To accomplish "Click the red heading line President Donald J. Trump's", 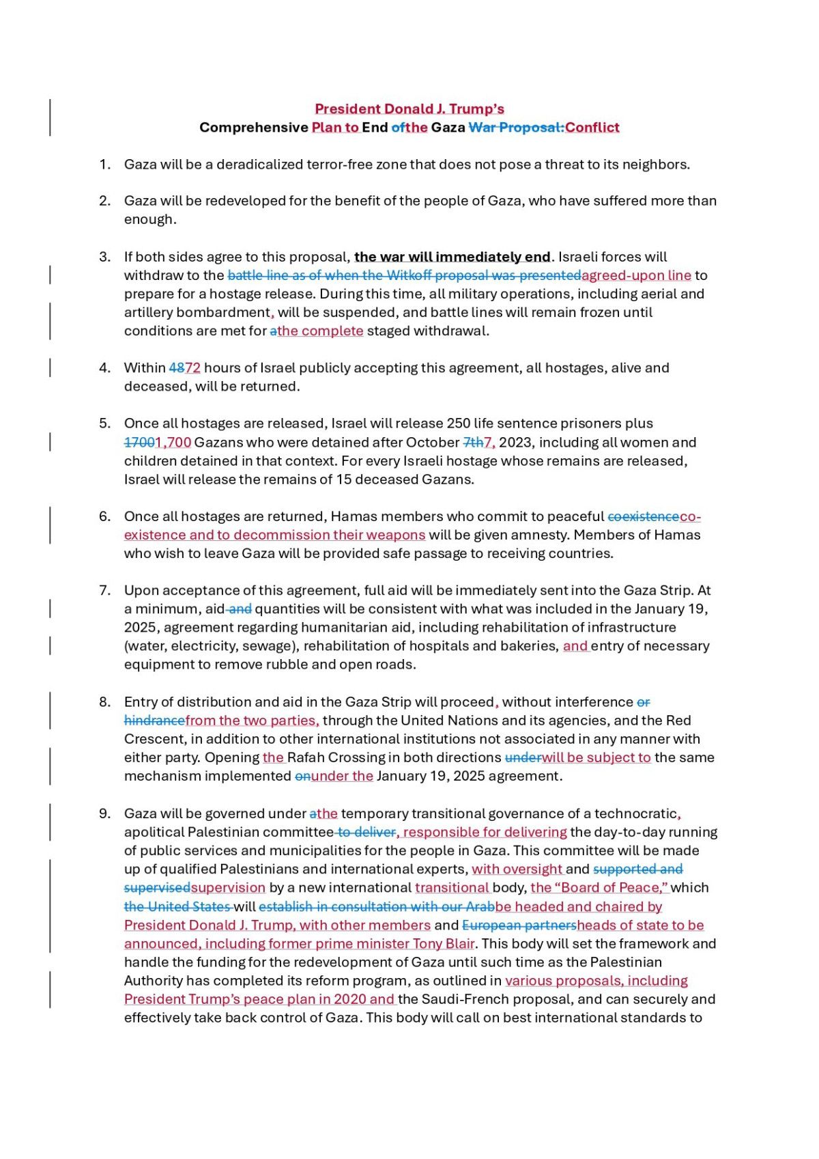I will (409, 109).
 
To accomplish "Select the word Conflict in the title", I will (592, 128).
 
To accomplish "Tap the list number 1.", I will (104, 165).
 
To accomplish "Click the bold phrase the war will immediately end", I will (452, 257).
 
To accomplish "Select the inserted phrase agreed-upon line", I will (636, 275).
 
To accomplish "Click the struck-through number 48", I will (176, 368).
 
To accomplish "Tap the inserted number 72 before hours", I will (193, 368).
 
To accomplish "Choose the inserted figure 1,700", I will (173, 443).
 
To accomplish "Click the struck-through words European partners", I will (519, 925).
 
